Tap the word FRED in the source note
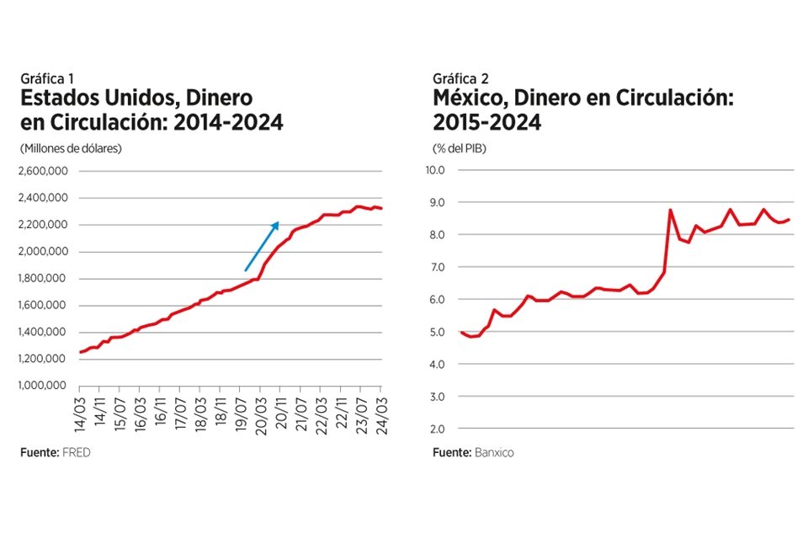pos(76,453)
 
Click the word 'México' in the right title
pos(468,99)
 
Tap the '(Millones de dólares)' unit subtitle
pos(72,148)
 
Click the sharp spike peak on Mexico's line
pos(670,210)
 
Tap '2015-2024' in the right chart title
pos(487,123)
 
